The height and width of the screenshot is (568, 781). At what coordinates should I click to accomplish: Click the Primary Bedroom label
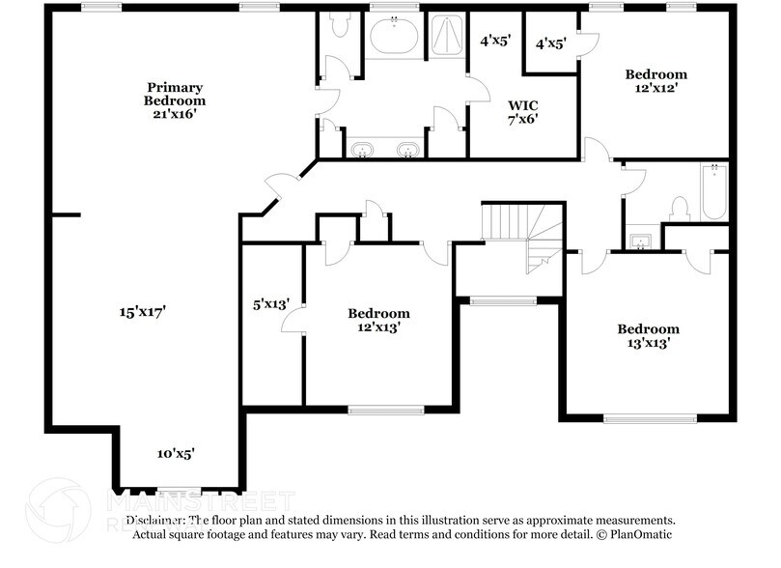tap(175, 92)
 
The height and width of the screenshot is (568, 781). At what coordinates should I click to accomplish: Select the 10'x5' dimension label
tap(176, 453)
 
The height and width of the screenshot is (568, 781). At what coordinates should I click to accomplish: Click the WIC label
tap(522, 104)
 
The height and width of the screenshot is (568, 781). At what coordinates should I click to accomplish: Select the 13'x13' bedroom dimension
tap(648, 343)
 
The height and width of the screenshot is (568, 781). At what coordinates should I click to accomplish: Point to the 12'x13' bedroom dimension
tap(378, 327)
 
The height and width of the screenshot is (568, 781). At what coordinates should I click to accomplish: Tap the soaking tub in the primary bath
tap(394, 37)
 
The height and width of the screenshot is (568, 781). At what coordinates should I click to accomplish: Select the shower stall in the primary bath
tap(445, 36)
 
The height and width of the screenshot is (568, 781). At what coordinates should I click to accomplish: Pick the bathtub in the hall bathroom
tap(713, 191)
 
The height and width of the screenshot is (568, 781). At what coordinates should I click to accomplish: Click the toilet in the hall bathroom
tap(679, 209)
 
